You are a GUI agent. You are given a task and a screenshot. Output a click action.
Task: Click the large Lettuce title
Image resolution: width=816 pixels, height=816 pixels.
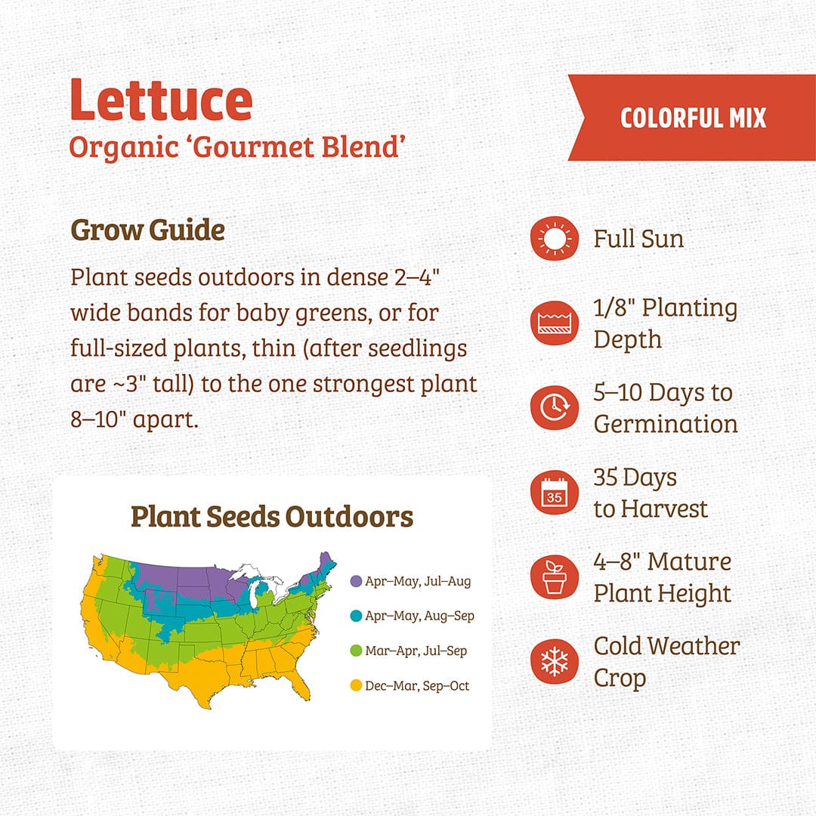point(161,100)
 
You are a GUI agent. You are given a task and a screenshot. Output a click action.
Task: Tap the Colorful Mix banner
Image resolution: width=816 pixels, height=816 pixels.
point(692,118)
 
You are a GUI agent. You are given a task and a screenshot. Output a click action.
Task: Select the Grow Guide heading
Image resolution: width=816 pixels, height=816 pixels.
point(147,230)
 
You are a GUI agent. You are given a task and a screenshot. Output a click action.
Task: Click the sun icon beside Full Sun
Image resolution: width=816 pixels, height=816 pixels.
point(554,240)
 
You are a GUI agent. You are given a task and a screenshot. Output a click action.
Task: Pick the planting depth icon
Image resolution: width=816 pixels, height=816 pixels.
point(554,323)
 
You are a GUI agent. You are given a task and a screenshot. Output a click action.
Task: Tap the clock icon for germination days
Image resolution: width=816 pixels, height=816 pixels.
point(554,408)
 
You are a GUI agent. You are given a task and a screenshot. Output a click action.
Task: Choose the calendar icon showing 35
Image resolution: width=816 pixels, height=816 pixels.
point(554,493)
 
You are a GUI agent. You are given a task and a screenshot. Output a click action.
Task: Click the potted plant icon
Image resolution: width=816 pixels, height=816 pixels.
point(554,577)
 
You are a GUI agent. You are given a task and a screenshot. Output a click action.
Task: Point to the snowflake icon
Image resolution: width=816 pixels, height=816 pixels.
point(554,662)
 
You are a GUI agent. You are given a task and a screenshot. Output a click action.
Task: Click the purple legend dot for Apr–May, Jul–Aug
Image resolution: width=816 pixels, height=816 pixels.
point(355,582)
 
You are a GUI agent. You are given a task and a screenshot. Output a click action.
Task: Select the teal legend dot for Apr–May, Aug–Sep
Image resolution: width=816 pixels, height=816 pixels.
point(355,617)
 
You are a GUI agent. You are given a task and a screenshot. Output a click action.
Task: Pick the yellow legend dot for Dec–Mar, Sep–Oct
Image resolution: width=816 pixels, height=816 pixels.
point(355,686)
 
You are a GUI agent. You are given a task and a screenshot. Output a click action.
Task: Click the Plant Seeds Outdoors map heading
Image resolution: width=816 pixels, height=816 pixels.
point(272,517)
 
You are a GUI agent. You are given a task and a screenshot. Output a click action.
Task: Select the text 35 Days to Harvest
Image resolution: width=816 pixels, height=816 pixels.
point(651,493)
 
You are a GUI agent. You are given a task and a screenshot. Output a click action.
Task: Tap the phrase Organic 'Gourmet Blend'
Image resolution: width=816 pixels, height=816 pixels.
point(234,147)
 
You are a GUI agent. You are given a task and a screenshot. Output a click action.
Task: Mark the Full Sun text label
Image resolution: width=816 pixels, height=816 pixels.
point(638,240)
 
